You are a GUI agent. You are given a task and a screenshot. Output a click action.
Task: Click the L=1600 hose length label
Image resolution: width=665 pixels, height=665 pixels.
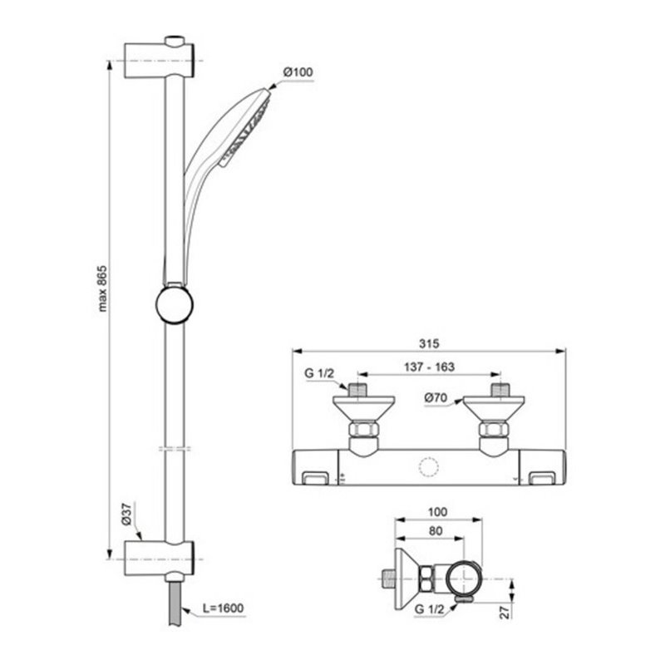(222, 608)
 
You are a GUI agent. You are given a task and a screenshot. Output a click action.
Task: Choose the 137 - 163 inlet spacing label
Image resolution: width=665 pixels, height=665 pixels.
(429, 367)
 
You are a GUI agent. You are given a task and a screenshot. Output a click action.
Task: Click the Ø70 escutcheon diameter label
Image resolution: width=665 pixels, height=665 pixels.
(436, 398)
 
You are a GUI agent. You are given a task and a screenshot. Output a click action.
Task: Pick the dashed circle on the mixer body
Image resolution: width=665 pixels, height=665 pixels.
(429, 467)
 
